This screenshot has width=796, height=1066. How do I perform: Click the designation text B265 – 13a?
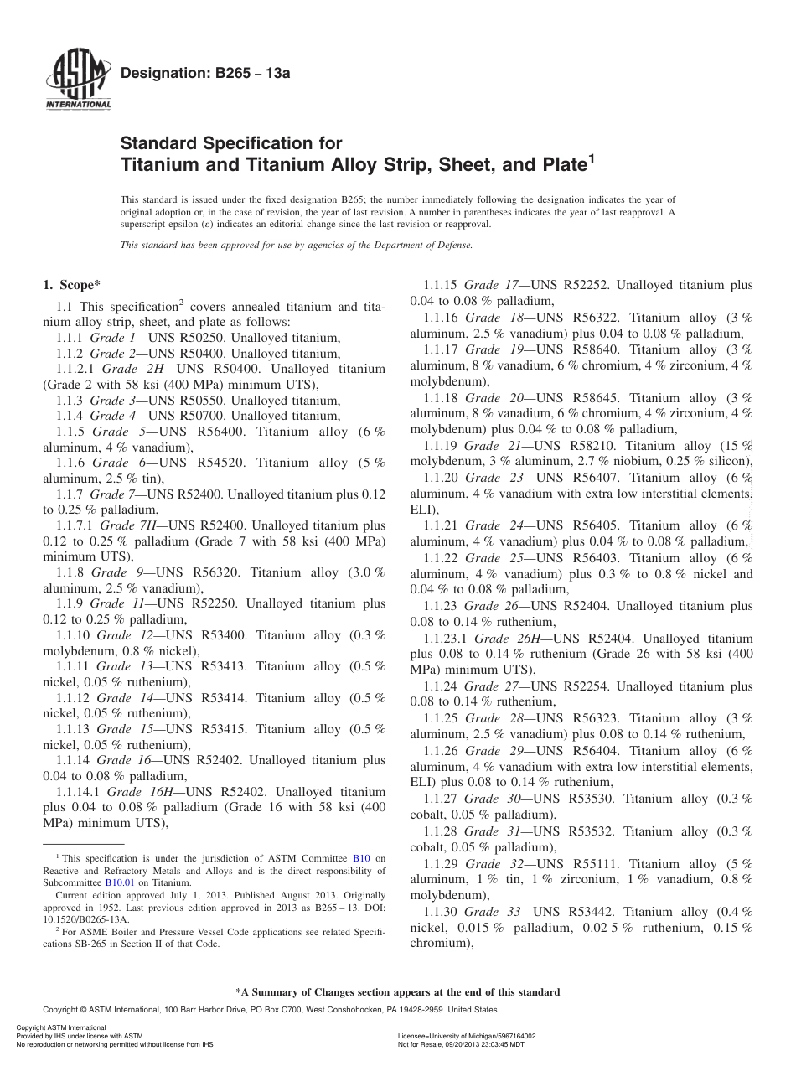(x=205, y=74)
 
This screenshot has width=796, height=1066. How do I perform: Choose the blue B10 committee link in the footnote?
(x=361, y=858)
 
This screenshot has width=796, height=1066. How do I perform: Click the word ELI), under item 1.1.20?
(x=423, y=510)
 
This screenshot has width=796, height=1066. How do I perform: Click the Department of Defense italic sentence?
(x=297, y=246)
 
